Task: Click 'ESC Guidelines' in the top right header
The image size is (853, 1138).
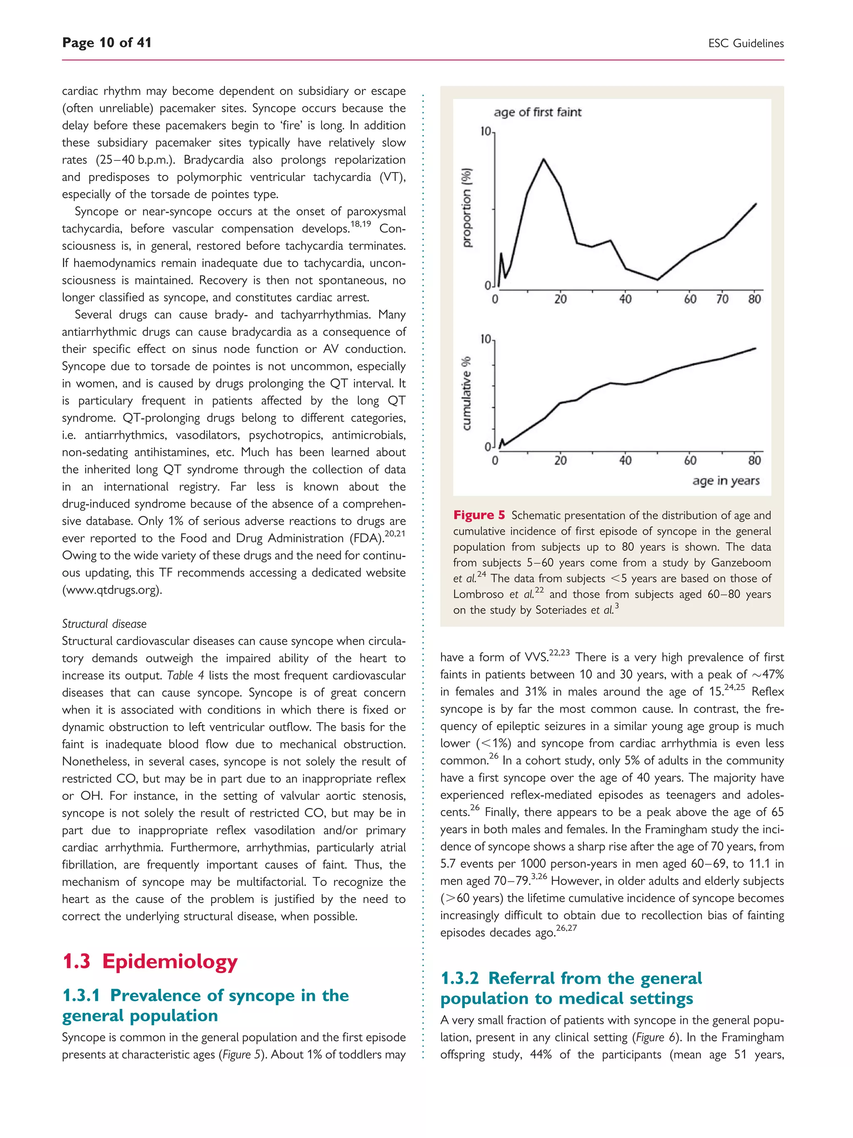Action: click(x=746, y=43)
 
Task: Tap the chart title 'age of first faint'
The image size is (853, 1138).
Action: click(x=537, y=112)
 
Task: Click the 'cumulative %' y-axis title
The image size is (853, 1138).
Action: click(x=466, y=393)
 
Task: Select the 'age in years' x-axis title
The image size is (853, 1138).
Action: click(x=726, y=480)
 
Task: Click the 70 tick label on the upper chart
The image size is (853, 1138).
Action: click(x=722, y=299)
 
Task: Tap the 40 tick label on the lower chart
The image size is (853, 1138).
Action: click(x=625, y=460)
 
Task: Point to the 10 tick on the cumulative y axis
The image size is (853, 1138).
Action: click(x=485, y=340)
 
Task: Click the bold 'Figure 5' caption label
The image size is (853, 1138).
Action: click(x=479, y=515)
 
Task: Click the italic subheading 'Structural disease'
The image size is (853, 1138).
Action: click(x=105, y=623)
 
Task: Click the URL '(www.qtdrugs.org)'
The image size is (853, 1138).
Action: click(x=112, y=590)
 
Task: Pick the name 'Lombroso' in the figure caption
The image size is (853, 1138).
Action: click(x=478, y=594)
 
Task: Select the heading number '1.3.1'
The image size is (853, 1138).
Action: click(x=81, y=995)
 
